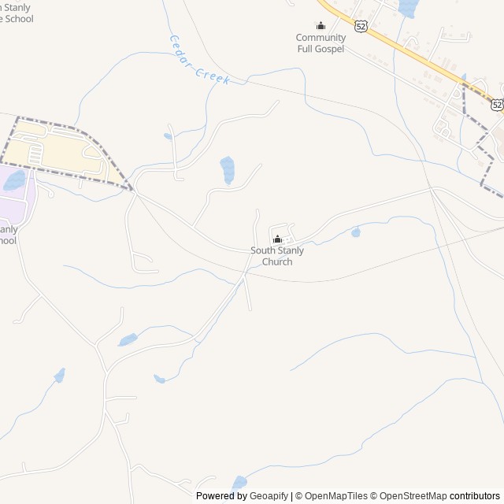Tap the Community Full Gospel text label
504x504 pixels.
[321, 43]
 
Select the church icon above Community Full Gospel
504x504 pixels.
[321, 26]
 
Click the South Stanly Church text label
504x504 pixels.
[276, 256]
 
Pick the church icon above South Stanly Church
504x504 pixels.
[276, 239]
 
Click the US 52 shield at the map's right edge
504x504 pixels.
[497, 104]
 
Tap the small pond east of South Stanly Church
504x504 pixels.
[356, 232]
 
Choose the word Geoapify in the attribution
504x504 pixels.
[269, 496]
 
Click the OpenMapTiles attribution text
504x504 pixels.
[336, 496]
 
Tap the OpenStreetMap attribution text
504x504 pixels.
[413, 496]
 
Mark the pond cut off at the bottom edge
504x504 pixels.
[239, 482]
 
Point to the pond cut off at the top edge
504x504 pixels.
[407, 8]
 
